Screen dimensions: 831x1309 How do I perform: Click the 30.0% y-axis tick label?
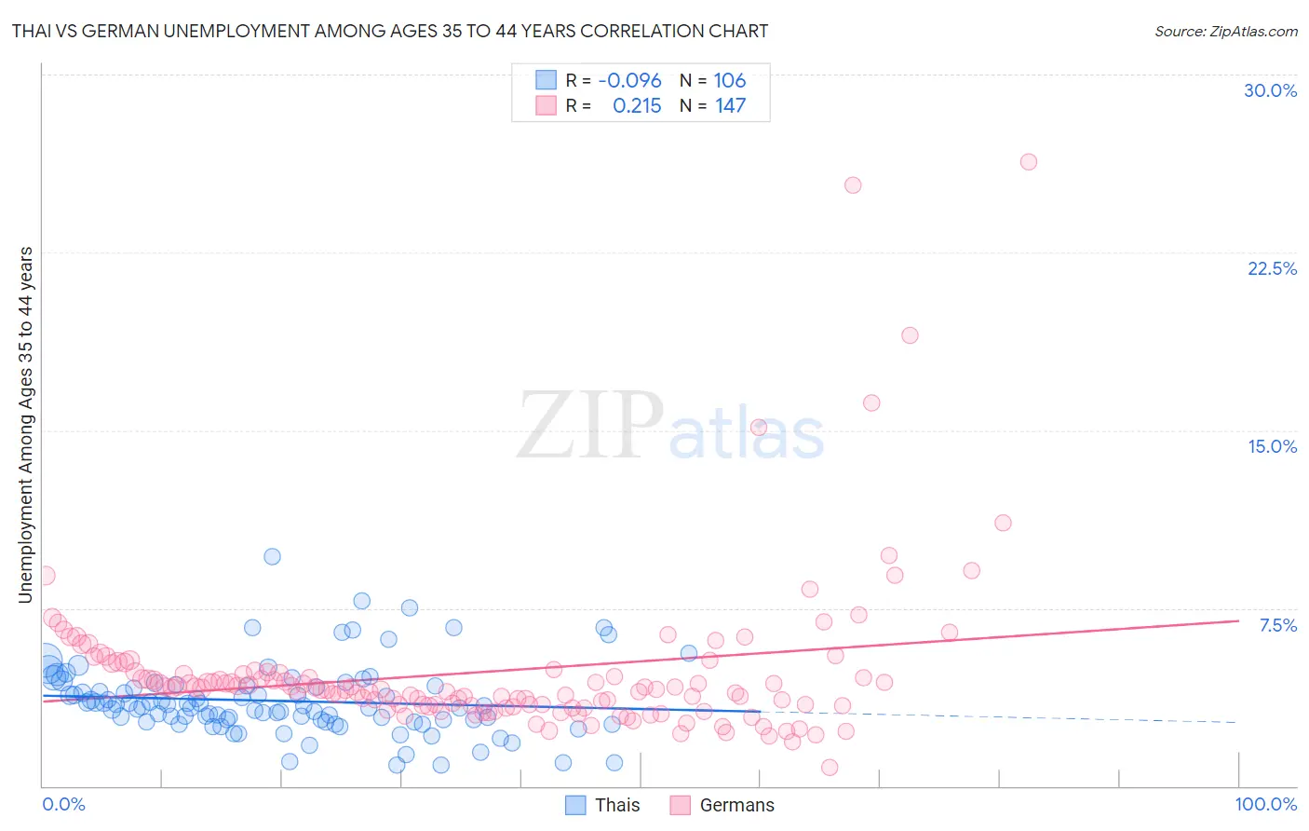[x=1270, y=90]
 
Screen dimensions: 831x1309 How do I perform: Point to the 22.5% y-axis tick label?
[x=1272, y=268]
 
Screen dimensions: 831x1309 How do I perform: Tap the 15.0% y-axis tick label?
[x=1272, y=446]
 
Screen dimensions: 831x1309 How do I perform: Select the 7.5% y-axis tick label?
[x=1277, y=625]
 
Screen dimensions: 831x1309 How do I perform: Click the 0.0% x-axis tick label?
[x=63, y=804]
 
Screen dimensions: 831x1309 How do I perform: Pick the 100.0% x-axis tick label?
[x=1265, y=804]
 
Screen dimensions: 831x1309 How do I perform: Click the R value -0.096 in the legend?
[x=629, y=81]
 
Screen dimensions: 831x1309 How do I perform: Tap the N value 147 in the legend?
[x=730, y=106]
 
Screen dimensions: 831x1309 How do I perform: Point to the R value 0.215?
[x=637, y=106]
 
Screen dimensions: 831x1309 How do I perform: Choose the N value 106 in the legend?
[x=730, y=81]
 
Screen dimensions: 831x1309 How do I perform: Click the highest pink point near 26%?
[x=1028, y=162]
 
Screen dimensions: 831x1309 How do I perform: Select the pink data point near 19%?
[x=910, y=335]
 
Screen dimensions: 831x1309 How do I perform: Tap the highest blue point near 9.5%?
[x=272, y=556]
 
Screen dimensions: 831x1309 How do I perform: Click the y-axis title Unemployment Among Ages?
[x=26, y=424]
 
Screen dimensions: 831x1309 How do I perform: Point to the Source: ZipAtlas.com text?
[x=1225, y=31]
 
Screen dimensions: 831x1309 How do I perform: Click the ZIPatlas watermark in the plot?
[x=670, y=427]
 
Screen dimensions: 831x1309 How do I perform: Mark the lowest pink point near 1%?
[x=830, y=768]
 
